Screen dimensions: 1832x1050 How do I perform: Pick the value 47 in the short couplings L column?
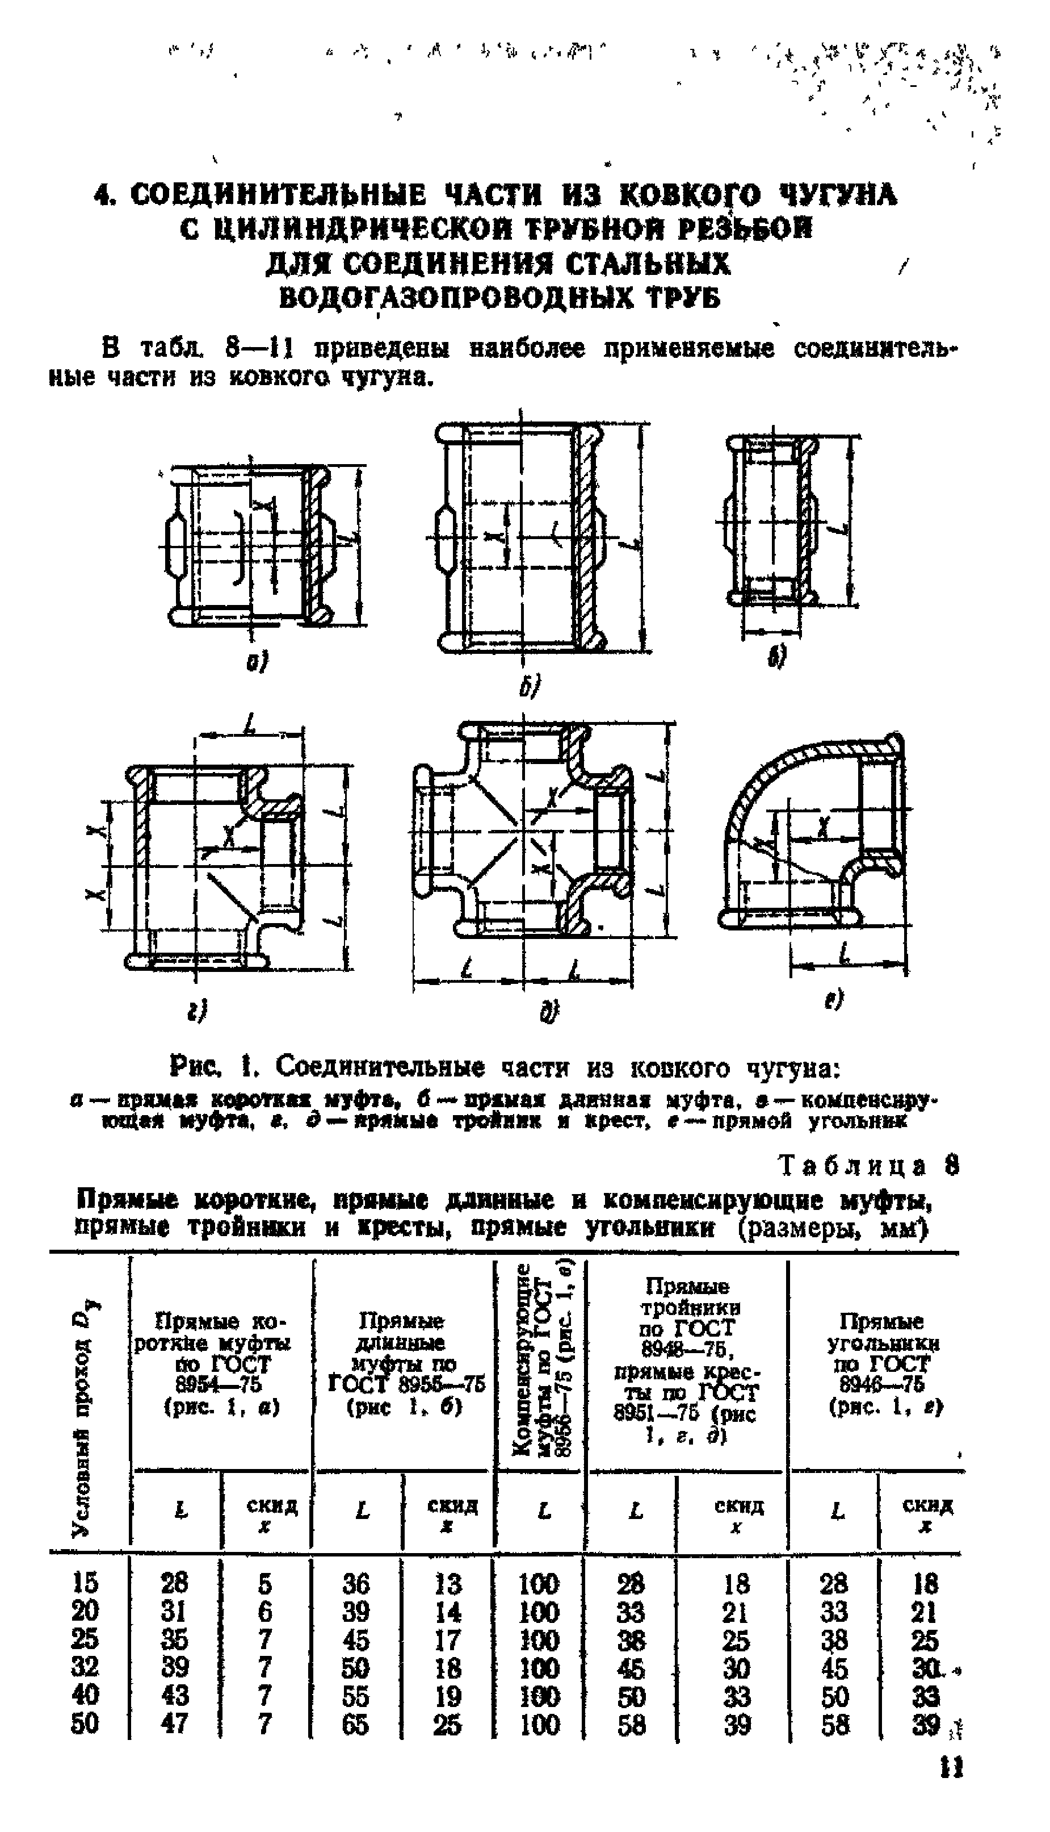tap(174, 1724)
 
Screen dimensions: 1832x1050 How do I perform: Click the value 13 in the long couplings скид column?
tap(447, 1584)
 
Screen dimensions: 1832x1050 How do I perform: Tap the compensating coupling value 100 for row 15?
tap(539, 1584)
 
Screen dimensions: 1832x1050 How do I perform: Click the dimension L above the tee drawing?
tap(250, 727)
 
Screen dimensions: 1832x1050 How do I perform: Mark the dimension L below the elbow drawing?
tap(845, 957)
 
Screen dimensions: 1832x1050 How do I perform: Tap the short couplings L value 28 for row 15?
tap(174, 1583)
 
